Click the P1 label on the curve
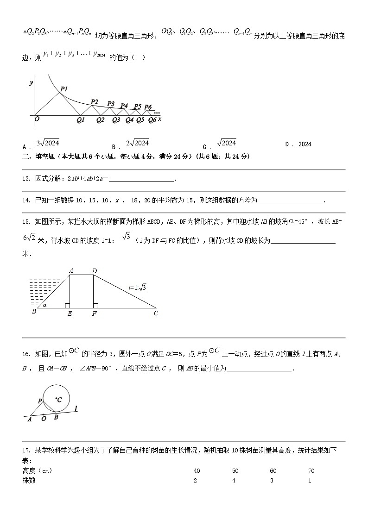click(x=64, y=89)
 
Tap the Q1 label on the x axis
click(x=81, y=120)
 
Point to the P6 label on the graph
click(x=148, y=107)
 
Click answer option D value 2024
click(x=305, y=144)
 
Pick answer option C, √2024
click(x=226, y=143)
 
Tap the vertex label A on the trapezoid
click(x=71, y=271)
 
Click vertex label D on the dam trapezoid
click(x=94, y=271)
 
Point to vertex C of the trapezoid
click(x=156, y=313)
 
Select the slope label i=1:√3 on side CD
click(x=137, y=288)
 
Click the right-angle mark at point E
click(x=68, y=306)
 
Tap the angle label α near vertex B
click(x=44, y=305)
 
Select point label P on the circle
click(x=40, y=401)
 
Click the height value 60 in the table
click(x=273, y=471)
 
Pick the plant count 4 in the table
click(x=234, y=481)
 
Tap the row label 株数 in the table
click(x=29, y=481)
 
